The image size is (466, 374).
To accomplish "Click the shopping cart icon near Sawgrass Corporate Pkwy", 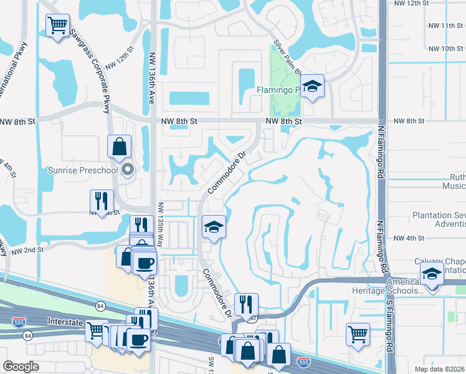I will pyautogui.click(x=57, y=26).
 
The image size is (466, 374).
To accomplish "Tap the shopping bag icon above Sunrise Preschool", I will pyautogui.click(x=119, y=147).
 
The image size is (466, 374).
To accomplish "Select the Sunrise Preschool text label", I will pyautogui.click(x=83, y=170).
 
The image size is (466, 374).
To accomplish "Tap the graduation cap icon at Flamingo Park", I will pyautogui.click(x=312, y=86).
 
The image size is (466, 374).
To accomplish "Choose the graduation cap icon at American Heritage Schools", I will pyautogui.click(x=431, y=273).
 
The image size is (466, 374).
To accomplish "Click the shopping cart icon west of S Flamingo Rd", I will pyautogui.click(x=358, y=334).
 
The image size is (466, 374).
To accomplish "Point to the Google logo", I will pyautogui.click(x=21, y=367).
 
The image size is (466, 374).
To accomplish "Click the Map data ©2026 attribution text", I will pyautogui.click(x=440, y=369).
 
